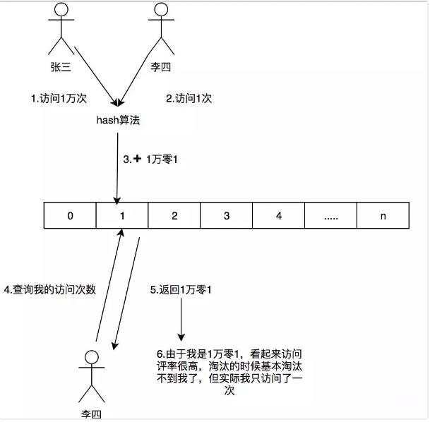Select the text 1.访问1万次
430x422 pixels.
pyautogui.click(x=55, y=100)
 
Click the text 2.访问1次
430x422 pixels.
pyautogui.click(x=189, y=100)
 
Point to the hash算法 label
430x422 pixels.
pyautogui.click(x=119, y=121)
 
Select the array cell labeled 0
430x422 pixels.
pyautogui.click(x=69, y=216)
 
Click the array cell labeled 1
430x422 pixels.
pyautogui.click(x=121, y=216)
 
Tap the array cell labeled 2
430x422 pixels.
pyautogui.click(x=174, y=216)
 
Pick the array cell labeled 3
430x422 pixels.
pyautogui.click(x=226, y=216)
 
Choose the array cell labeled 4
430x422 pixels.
pyautogui.click(x=278, y=216)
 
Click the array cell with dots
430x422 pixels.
pyautogui.click(x=330, y=216)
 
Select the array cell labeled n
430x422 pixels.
pyautogui.click(x=383, y=216)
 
